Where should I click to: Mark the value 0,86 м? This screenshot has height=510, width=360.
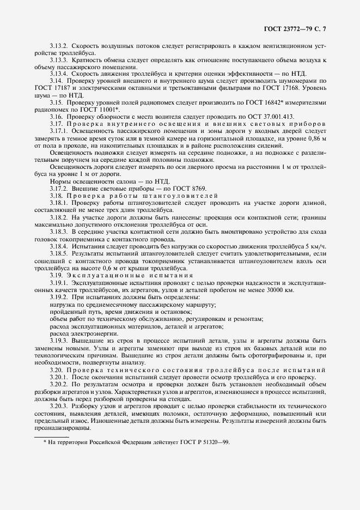pyautogui.click(x=314, y=139)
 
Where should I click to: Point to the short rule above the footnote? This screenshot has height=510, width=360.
pyautogui.click(x=51, y=436)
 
